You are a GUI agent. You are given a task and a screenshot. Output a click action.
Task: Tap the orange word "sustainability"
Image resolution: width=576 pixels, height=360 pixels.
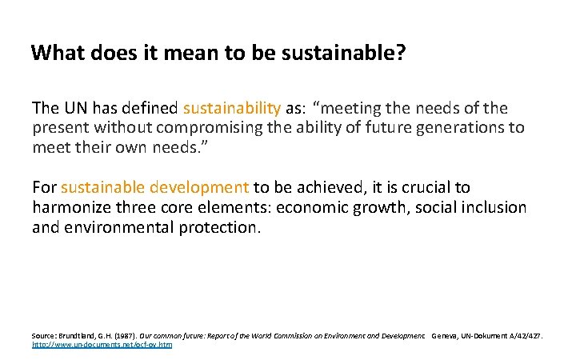[232, 108]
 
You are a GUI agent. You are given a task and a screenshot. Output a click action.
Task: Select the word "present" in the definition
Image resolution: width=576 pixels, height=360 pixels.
[60, 128]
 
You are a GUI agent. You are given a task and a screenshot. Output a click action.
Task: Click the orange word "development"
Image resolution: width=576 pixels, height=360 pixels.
[201, 188]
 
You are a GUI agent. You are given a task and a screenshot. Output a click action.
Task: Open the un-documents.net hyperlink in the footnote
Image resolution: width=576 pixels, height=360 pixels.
[102, 344]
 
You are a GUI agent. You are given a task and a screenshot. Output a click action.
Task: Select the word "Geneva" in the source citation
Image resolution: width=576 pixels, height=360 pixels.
[446, 336]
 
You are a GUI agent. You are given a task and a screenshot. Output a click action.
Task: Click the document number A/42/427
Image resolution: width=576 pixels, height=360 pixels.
[523, 336]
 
